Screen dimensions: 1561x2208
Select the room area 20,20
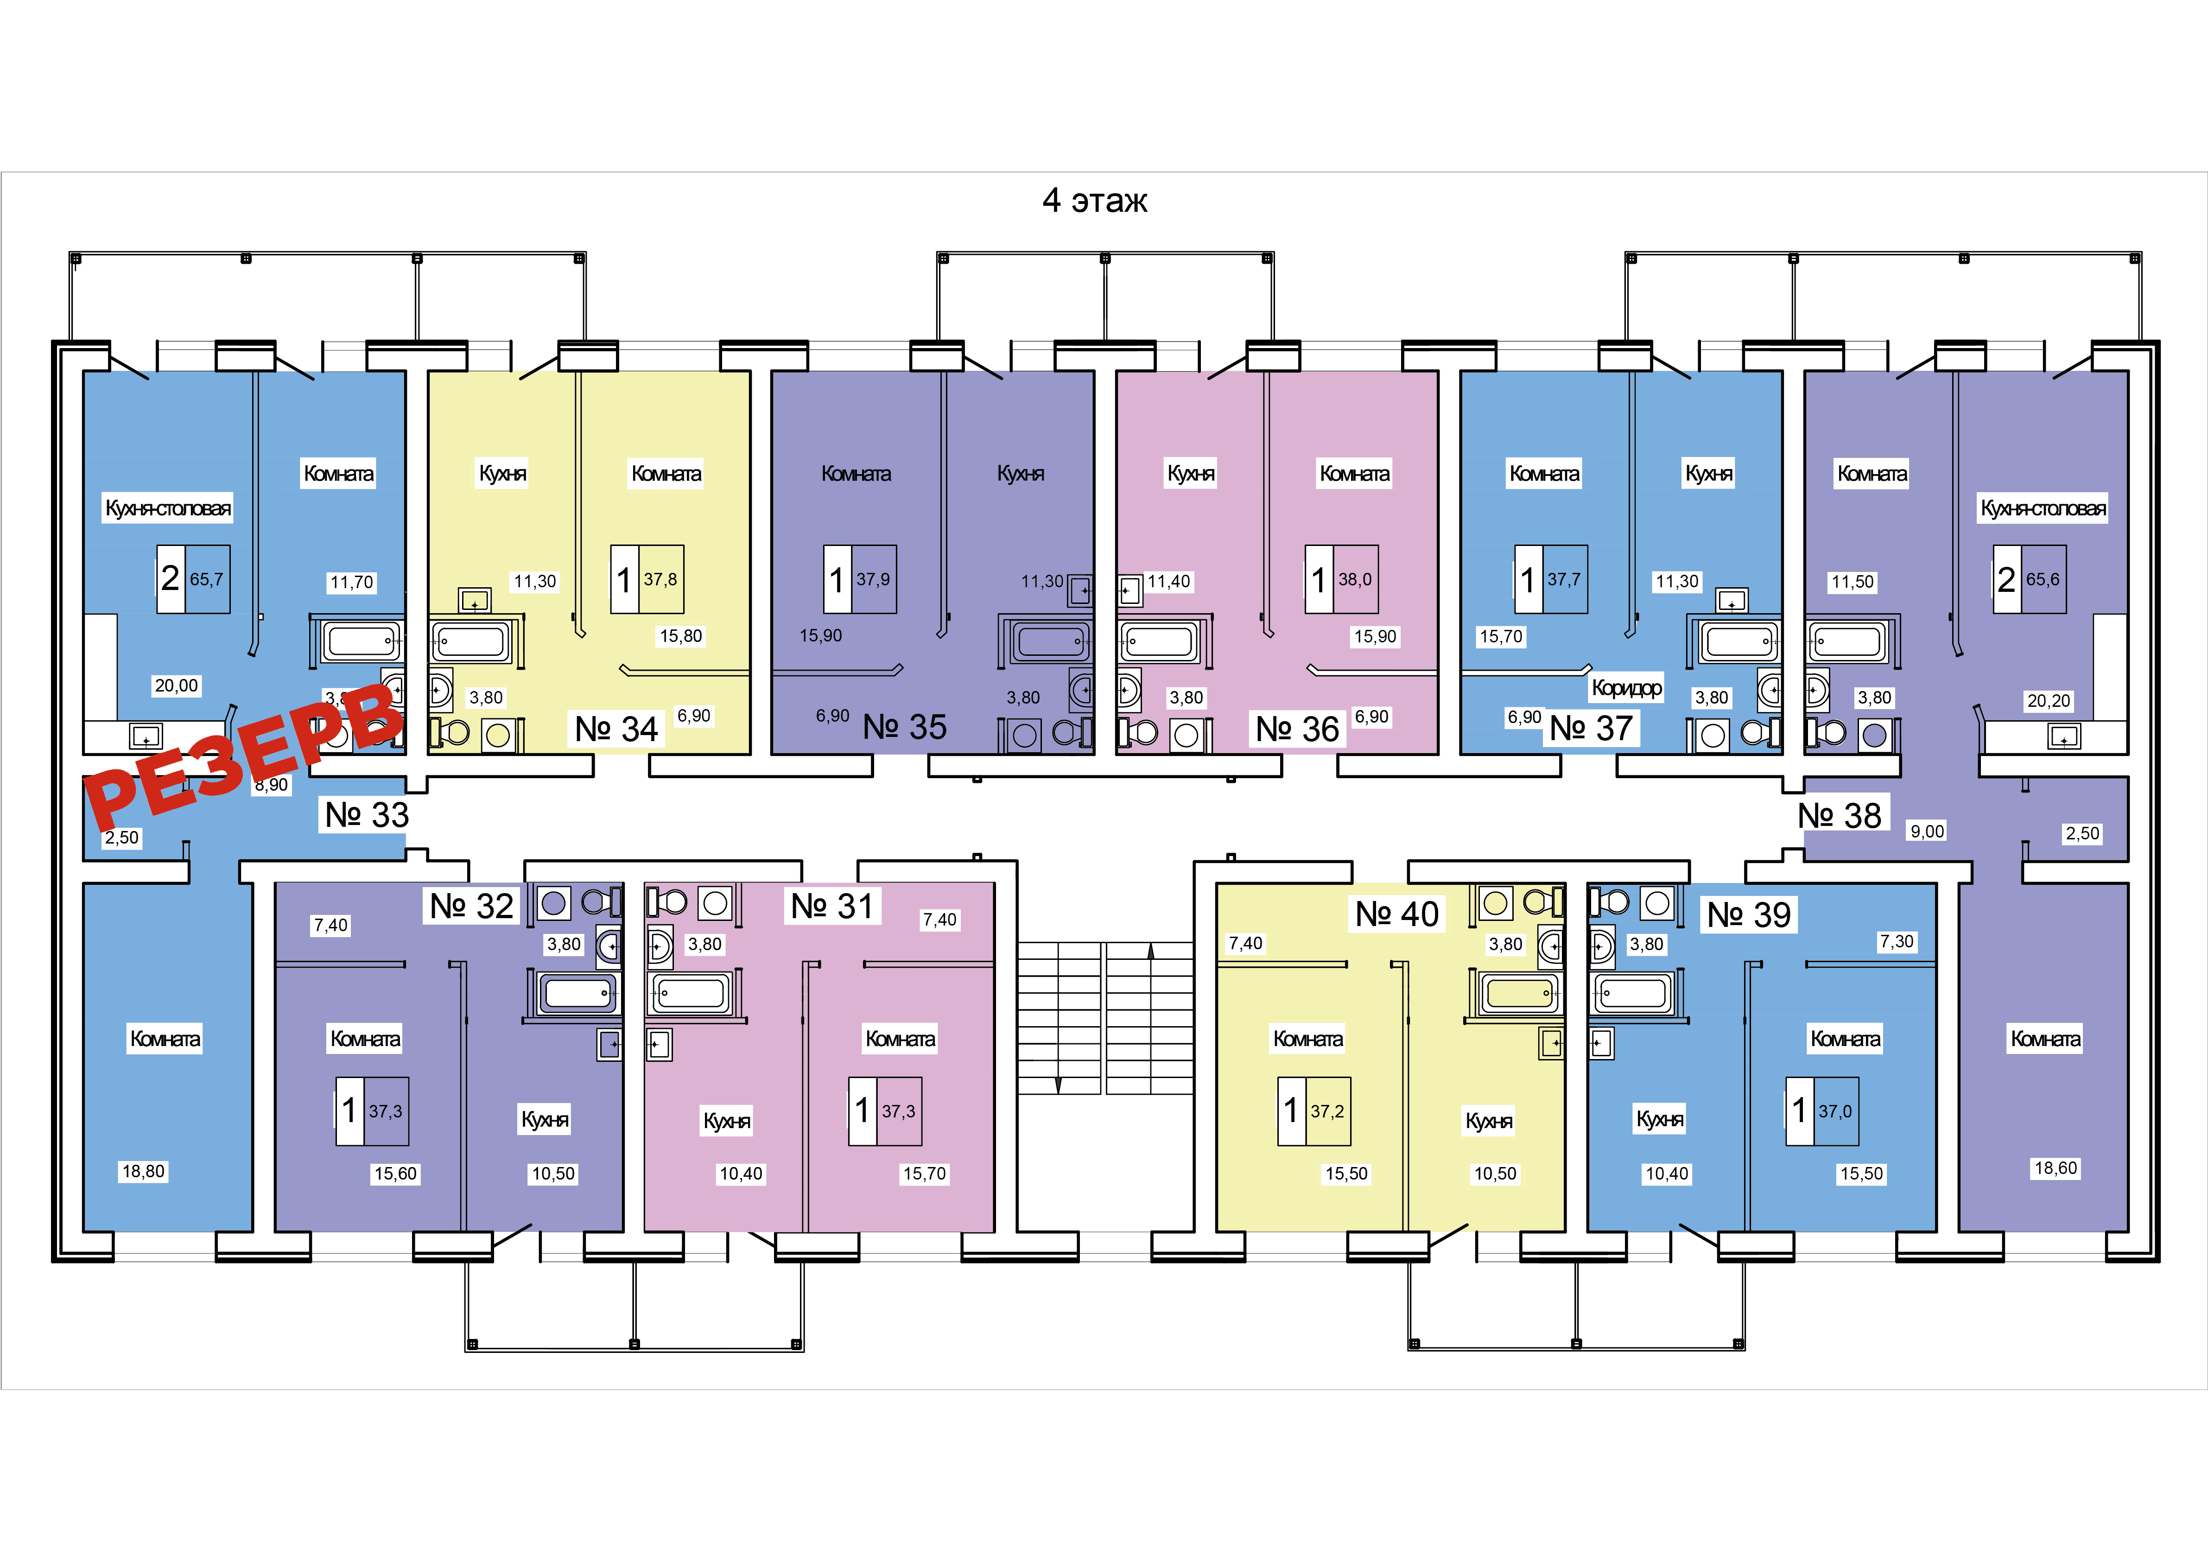tap(2049, 701)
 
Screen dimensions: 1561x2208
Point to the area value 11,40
tap(1168, 581)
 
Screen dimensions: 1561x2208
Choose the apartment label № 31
tap(832, 906)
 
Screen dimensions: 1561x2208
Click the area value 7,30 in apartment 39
tap(1897, 942)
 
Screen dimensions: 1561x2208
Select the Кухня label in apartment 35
tap(1020, 473)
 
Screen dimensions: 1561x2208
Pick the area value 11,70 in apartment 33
tap(351, 582)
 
